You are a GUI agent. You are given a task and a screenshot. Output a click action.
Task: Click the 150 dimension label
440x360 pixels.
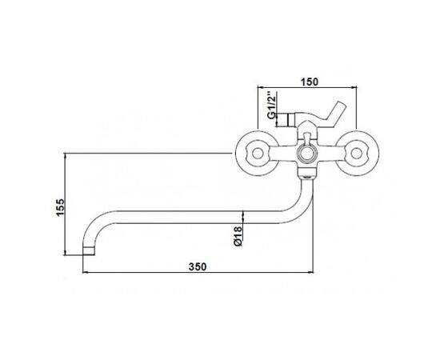click(310, 82)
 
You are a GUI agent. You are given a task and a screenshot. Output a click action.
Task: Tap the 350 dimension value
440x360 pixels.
click(198, 266)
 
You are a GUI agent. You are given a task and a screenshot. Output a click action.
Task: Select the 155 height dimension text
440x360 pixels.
click(60, 207)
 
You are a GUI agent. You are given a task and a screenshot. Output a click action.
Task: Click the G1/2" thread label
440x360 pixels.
click(271, 105)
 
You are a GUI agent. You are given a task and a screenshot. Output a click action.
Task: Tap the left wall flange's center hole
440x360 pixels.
click(257, 154)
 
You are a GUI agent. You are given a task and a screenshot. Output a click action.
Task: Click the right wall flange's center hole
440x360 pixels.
click(356, 154)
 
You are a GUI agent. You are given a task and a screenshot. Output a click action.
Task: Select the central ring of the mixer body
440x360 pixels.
click(306, 154)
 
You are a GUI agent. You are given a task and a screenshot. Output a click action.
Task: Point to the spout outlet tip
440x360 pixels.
click(89, 251)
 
